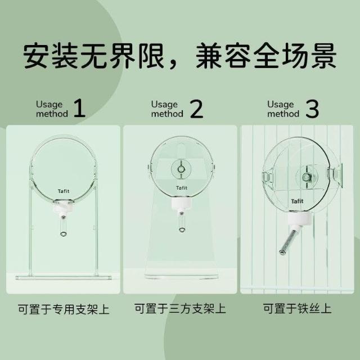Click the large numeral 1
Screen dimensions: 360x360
[80, 109]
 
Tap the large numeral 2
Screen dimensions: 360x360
[197, 109]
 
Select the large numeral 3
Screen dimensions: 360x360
[313, 109]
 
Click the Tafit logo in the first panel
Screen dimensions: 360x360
[64, 191]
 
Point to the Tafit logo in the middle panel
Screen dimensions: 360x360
[182, 188]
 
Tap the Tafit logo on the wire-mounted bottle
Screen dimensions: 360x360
[297, 201]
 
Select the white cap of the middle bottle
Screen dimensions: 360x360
[181, 204]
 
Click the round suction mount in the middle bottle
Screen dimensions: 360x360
[181, 169]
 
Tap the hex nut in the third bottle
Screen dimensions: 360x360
[306, 177]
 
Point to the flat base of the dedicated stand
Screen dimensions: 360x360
[64, 278]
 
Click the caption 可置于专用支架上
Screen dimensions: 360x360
[64, 309]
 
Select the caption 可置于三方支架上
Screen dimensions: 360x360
[180, 309]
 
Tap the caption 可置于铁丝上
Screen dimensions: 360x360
[297, 308]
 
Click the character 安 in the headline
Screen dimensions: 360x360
[36, 56]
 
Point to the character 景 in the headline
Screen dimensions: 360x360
[324, 56]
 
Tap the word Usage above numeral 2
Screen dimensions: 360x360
[164, 105]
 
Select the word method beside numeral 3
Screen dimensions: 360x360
[283, 114]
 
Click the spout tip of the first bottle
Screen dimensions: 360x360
[63, 234]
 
